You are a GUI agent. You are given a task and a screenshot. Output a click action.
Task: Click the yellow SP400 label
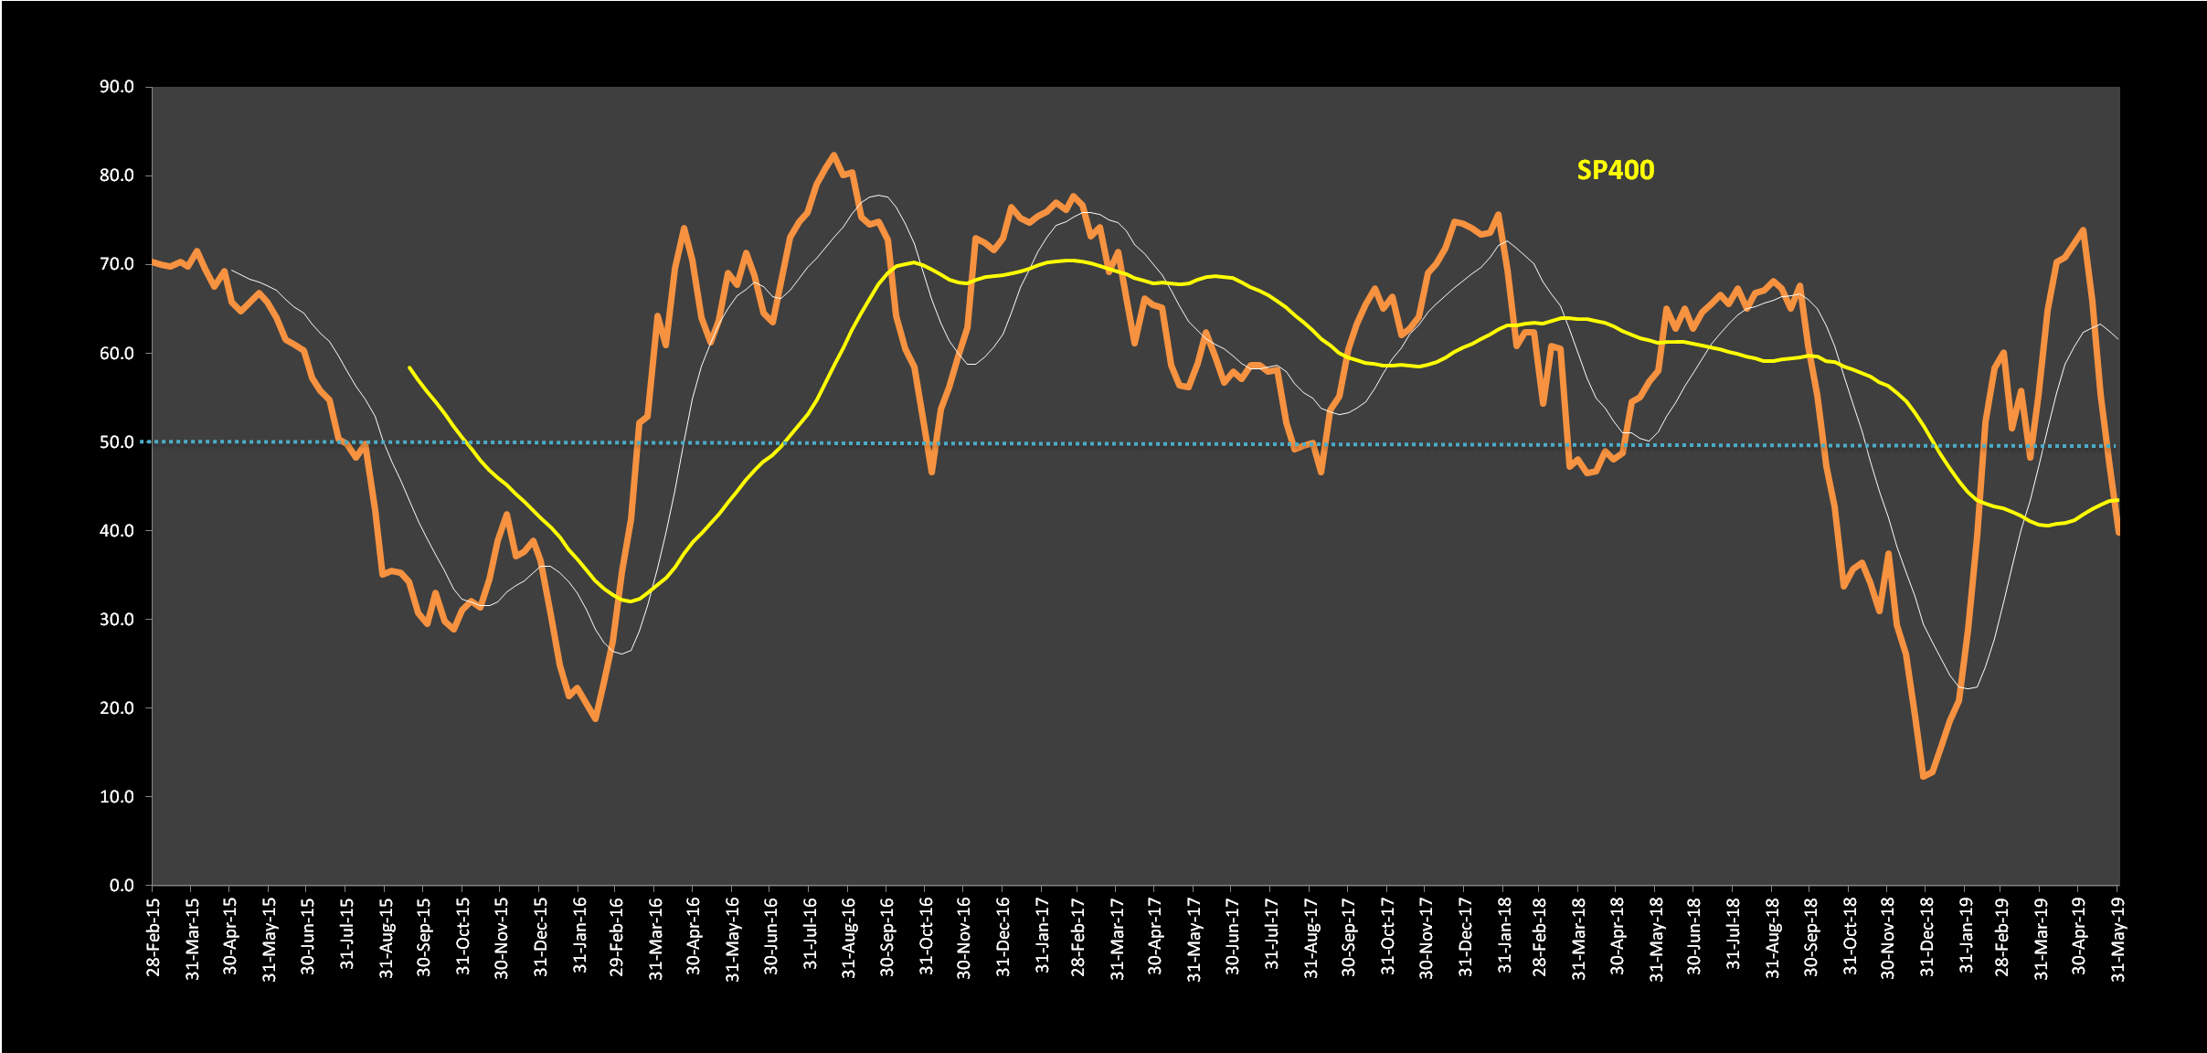coord(1615,171)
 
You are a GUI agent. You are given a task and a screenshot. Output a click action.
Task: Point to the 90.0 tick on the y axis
coord(117,87)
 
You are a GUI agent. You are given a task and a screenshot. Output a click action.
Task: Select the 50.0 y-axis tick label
coord(117,442)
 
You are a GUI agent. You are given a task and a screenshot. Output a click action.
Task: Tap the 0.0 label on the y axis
coord(122,885)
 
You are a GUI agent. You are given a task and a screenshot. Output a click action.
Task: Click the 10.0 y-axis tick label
coord(117,796)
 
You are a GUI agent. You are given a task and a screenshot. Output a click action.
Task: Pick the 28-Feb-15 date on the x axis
coord(153,936)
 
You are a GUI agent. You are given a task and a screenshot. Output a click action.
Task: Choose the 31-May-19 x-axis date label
coord(2118,936)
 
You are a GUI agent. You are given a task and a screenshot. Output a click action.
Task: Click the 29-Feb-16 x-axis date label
coord(617,936)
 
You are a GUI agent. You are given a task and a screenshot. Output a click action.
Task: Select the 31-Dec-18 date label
coord(1926,936)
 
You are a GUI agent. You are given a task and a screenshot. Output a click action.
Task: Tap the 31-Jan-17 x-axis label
coord(1041,936)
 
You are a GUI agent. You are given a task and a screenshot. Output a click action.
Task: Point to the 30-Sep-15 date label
coord(424,936)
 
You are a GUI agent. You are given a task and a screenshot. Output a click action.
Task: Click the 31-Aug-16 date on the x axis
coord(849,936)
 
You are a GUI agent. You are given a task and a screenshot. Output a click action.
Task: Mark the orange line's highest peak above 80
coord(833,154)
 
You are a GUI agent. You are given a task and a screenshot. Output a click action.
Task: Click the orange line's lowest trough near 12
coord(1924,777)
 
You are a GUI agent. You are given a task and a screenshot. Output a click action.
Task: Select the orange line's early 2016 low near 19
coord(596,719)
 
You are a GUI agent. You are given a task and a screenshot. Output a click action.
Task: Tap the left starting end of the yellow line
coord(409,367)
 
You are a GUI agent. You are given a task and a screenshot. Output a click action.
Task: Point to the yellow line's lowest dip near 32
coord(630,601)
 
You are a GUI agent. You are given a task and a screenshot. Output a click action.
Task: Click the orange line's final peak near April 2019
coord(2083,229)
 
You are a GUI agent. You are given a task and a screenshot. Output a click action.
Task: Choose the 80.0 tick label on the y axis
coord(117,175)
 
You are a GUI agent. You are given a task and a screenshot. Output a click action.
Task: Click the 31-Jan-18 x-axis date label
coord(1503,936)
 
